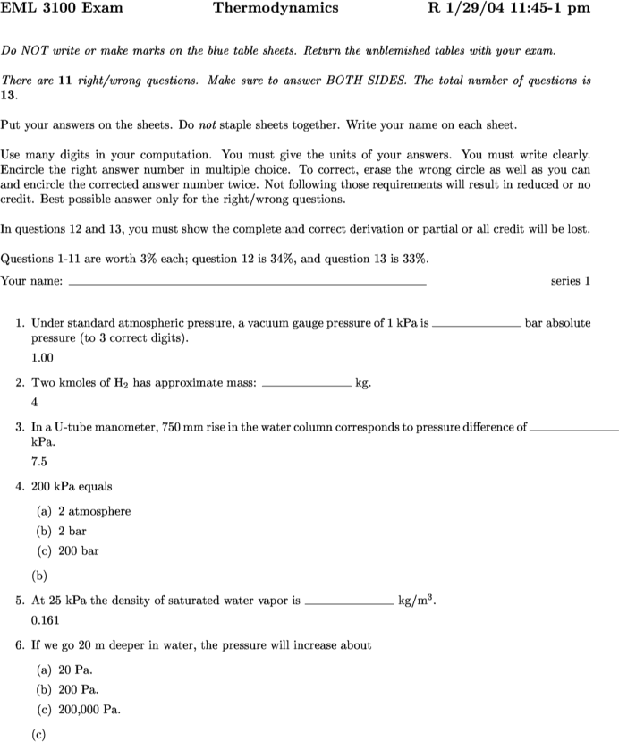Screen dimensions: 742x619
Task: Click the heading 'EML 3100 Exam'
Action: (x=62, y=9)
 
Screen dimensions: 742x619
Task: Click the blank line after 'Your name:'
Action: (x=247, y=283)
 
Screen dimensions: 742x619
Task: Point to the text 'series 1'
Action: (x=570, y=281)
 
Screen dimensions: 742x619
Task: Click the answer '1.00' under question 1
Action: (x=42, y=357)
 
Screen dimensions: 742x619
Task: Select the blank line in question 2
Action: (x=306, y=386)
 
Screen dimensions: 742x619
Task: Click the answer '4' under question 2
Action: (x=34, y=401)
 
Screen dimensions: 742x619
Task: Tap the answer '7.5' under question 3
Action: (x=38, y=462)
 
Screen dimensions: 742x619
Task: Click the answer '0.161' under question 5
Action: (x=45, y=619)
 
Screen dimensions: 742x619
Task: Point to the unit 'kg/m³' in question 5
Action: (x=417, y=601)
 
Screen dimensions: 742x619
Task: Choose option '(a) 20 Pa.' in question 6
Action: (x=64, y=670)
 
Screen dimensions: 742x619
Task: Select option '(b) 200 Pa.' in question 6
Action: (x=67, y=689)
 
